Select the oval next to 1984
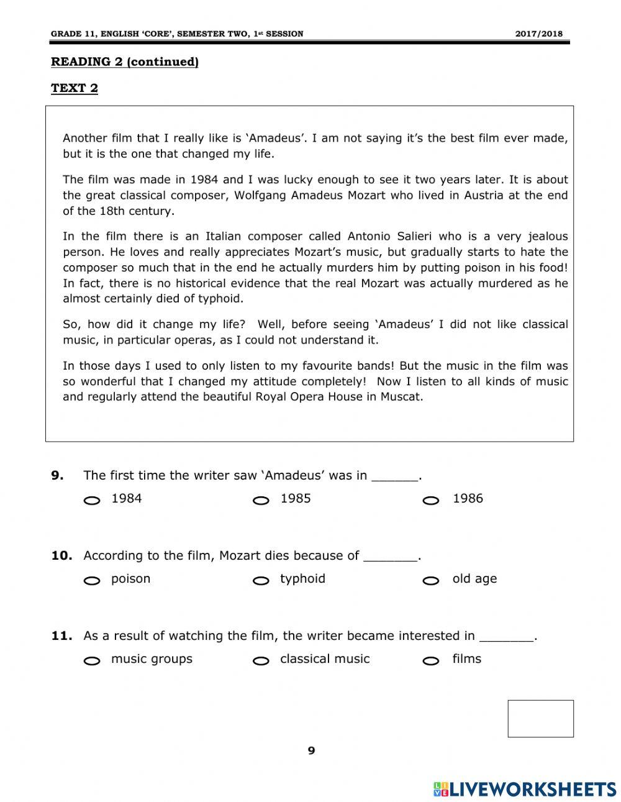coord(92,501)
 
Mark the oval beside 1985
coord(261,501)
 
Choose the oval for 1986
coord(431,501)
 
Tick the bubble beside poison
coord(92,581)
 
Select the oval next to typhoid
coord(261,581)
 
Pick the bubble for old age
coord(431,581)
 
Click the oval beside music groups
coord(92,661)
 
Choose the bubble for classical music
coord(261,661)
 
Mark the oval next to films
coord(431,661)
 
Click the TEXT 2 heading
coord(75,88)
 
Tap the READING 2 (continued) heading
coord(124,62)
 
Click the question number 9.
coord(57,476)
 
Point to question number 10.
coord(61,556)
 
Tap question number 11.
coord(61,636)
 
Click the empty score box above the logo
coord(540,718)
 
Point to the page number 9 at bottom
coord(311,750)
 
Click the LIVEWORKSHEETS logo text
coord(533,789)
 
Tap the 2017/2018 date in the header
coord(539,34)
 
